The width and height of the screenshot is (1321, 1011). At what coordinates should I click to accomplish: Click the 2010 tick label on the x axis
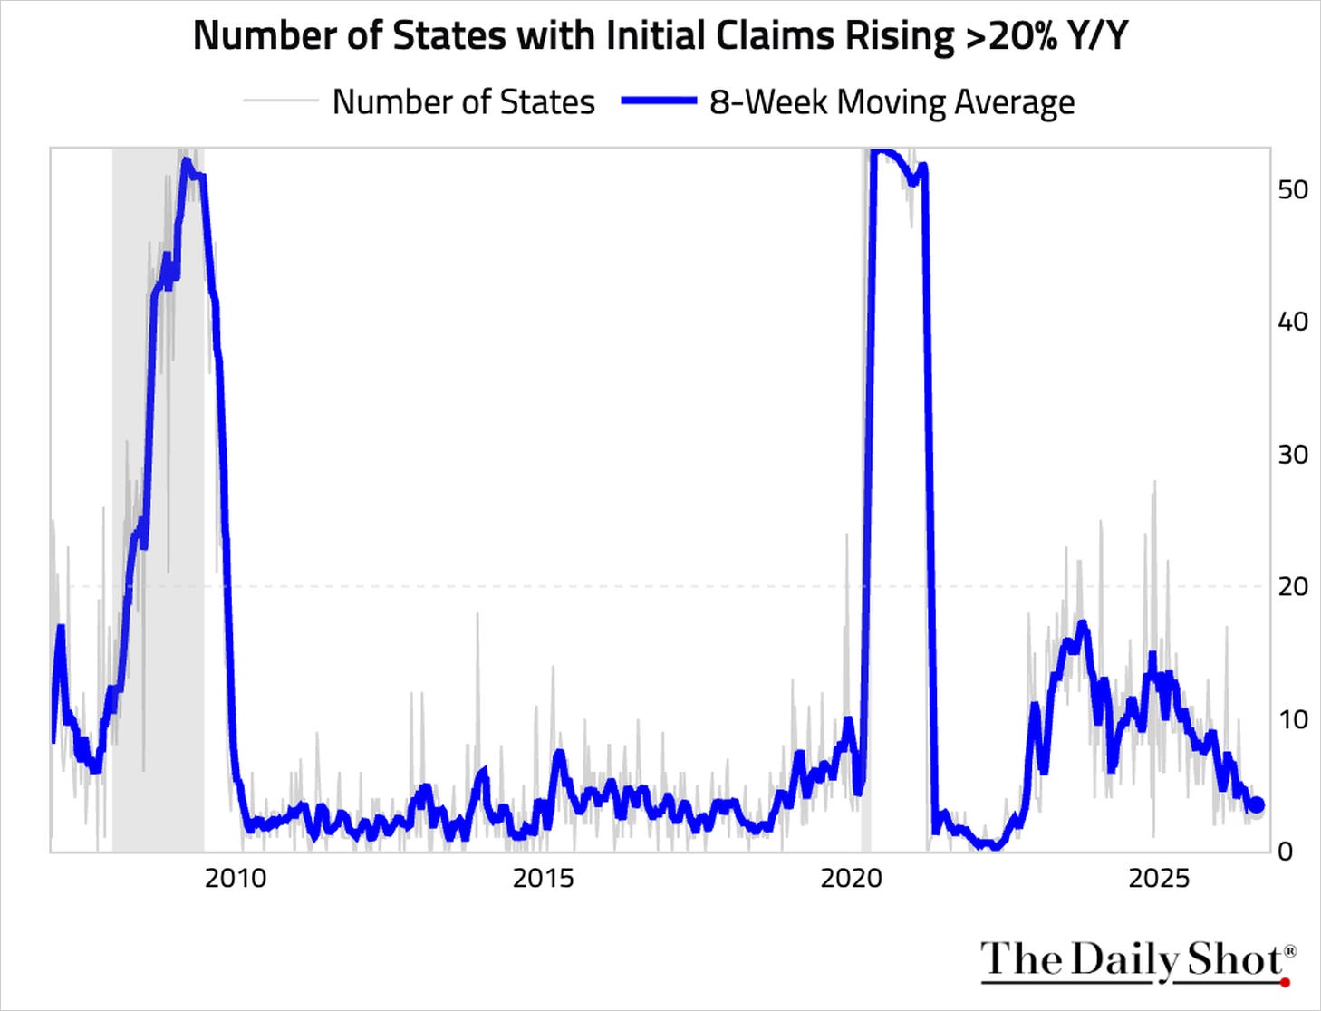pos(236,880)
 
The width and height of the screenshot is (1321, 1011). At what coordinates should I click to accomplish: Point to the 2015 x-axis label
pos(544,880)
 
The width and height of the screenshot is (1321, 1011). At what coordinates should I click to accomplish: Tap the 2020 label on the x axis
pos(852,880)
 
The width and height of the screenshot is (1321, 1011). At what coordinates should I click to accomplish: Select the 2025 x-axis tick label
pos(1160,880)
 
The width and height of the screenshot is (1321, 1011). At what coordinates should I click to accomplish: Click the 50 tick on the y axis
pos(1293,190)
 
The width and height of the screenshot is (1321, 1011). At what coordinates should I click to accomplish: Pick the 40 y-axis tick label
pos(1293,323)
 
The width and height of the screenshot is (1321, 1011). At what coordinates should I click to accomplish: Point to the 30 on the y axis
pos(1293,455)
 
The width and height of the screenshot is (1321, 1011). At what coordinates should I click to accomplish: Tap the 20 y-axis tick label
pos(1293,587)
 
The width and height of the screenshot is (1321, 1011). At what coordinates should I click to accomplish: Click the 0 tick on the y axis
pos(1285,852)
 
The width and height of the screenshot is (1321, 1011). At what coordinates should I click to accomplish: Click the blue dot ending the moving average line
pos(1257,805)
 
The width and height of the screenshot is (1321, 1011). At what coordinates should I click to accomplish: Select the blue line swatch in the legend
pos(659,101)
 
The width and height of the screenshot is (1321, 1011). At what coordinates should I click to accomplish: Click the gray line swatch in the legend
pos(281,101)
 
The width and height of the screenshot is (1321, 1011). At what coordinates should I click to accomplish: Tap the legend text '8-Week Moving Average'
pos(892,102)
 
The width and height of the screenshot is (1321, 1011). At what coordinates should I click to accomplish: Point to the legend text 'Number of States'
pos(463,102)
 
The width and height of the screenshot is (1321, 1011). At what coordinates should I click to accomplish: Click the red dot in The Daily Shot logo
pos(1285,982)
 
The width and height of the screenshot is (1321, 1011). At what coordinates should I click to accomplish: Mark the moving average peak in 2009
pos(186,160)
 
